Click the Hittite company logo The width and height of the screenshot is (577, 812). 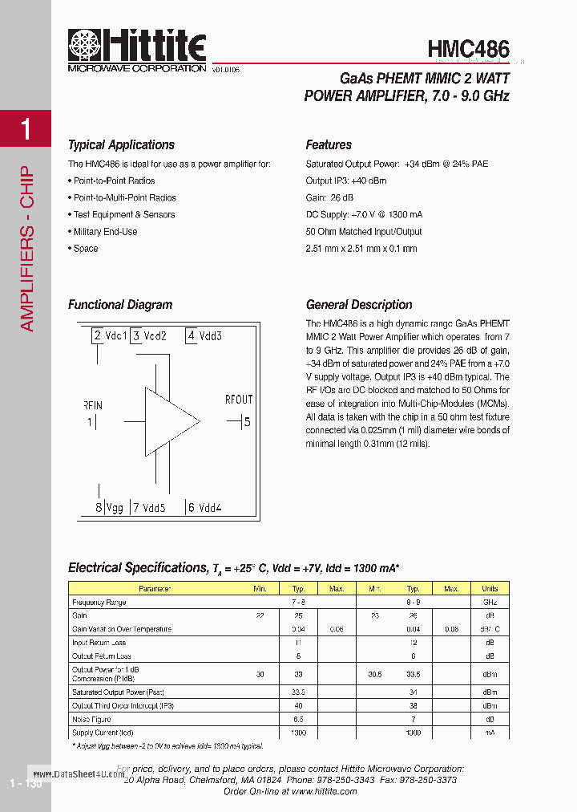136,50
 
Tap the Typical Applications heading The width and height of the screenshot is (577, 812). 121,145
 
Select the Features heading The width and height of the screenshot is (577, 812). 329,145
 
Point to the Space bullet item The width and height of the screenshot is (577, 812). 85,249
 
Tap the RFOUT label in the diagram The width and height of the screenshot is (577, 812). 238,400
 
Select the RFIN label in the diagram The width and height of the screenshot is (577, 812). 93,404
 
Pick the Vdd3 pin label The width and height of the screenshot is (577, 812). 211,336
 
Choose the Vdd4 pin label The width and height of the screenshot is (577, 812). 210,507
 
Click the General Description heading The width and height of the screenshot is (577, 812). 359,305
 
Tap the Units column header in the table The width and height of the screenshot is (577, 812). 490,589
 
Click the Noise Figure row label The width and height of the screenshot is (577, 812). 91,720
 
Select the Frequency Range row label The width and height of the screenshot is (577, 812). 99,602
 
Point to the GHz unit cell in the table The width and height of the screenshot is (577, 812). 490,602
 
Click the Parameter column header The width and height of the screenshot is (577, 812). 155,589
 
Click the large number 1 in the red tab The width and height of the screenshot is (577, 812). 26,128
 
